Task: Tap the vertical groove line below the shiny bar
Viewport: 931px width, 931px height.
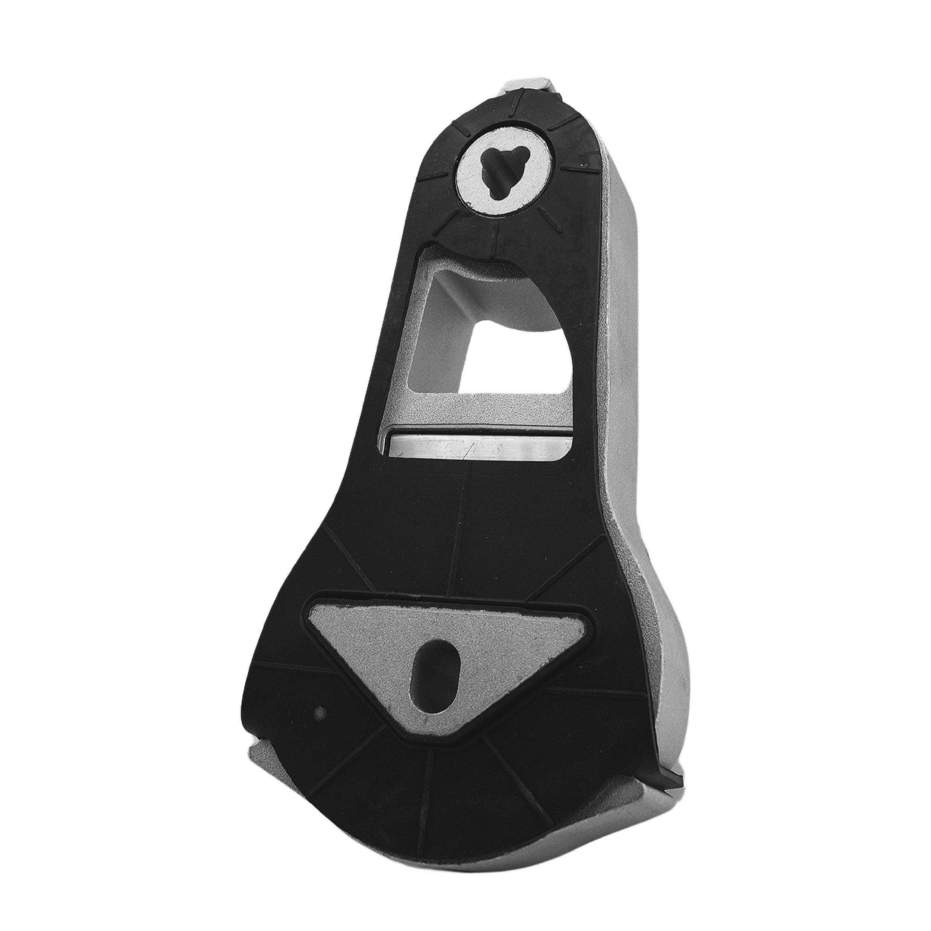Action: pos(458,530)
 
